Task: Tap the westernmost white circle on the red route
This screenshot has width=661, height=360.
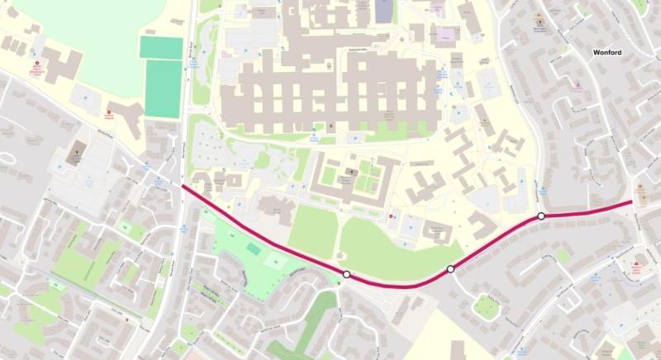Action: [x=347, y=274]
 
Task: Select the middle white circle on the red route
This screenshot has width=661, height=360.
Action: [x=450, y=269]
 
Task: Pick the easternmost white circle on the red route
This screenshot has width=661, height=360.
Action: [x=540, y=216]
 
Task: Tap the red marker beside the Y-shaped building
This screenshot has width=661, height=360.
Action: [x=109, y=112]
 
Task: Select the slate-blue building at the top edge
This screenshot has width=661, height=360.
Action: [x=385, y=11]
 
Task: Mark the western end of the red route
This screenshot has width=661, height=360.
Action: [x=183, y=187]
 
